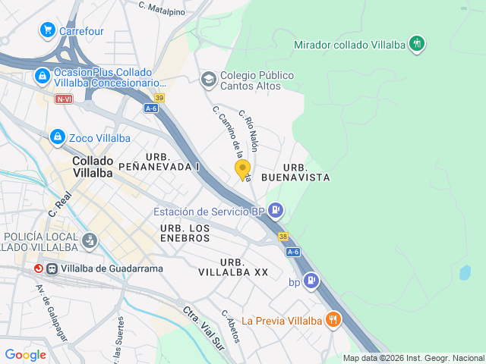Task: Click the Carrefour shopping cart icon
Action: (47, 31)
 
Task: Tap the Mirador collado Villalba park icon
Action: (416, 44)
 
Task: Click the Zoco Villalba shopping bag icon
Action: (57, 137)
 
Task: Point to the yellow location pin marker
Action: (242, 170)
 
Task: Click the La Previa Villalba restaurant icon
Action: (332, 320)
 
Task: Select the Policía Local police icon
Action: (90, 242)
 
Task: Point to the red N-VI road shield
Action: (64, 99)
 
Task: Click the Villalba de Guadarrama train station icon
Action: (52, 268)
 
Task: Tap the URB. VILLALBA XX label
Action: (233, 266)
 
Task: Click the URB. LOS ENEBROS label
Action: (185, 233)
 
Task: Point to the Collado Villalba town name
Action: (93, 166)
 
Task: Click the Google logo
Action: (25, 355)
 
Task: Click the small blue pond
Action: (464, 272)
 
